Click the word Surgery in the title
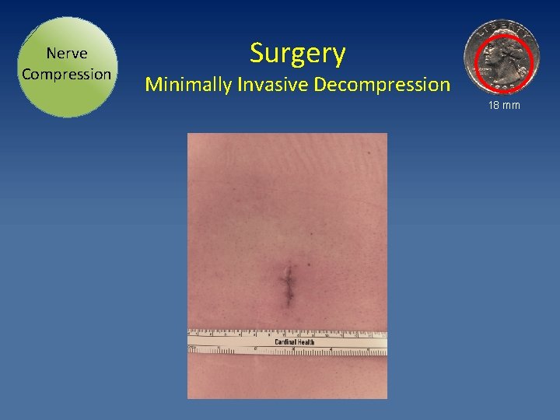click(297, 54)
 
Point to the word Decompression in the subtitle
click(382, 84)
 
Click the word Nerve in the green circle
click(66, 54)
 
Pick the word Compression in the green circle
click(66, 75)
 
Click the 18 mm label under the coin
click(504, 105)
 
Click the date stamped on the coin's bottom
click(506, 86)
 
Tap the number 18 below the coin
click(494, 105)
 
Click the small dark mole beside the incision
click(310, 233)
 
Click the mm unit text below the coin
click(511, 105)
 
